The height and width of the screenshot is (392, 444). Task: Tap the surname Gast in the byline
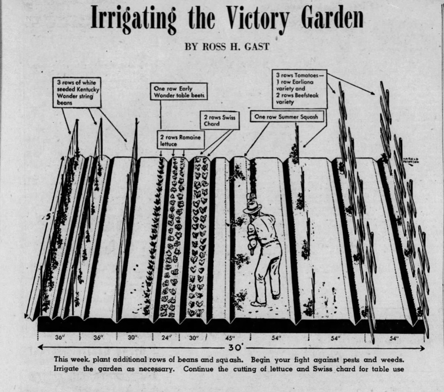click(257, 47)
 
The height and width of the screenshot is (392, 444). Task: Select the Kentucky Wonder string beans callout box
click(77, 93)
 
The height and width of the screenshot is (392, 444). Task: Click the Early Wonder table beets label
click(178, 92)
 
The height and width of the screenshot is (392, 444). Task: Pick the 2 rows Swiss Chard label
click(220, 120)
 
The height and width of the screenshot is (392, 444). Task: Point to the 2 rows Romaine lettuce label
click(181, 140)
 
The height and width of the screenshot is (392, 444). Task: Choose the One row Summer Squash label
click(286, 117)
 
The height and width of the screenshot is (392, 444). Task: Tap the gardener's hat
click(252, 206)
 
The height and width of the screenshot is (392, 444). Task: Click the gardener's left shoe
click(258, 304)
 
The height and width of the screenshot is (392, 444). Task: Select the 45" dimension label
click(230, 338)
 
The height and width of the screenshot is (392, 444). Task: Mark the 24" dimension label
click(166, 338)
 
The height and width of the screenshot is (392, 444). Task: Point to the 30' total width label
click(234, 348)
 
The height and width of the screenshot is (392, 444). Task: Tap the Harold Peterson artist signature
click(411, 160)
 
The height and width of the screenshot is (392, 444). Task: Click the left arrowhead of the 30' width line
click(40, 347)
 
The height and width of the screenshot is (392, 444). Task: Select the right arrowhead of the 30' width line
click(422, 348)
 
